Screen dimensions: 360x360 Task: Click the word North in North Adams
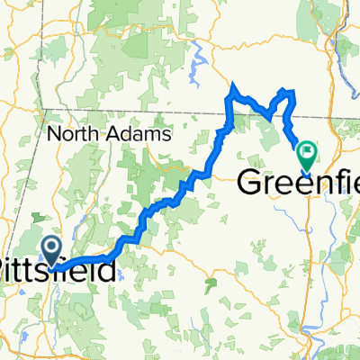[x=76, y=134]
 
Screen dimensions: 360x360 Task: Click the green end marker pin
[x=307, y=156]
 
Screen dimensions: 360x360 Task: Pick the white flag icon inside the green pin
[x=307, y=153]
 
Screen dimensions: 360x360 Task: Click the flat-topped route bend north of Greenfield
[x=288, y=91]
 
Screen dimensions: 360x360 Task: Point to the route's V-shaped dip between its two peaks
[x=267, y=112]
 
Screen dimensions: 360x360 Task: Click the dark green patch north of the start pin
[x=45, y=220]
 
